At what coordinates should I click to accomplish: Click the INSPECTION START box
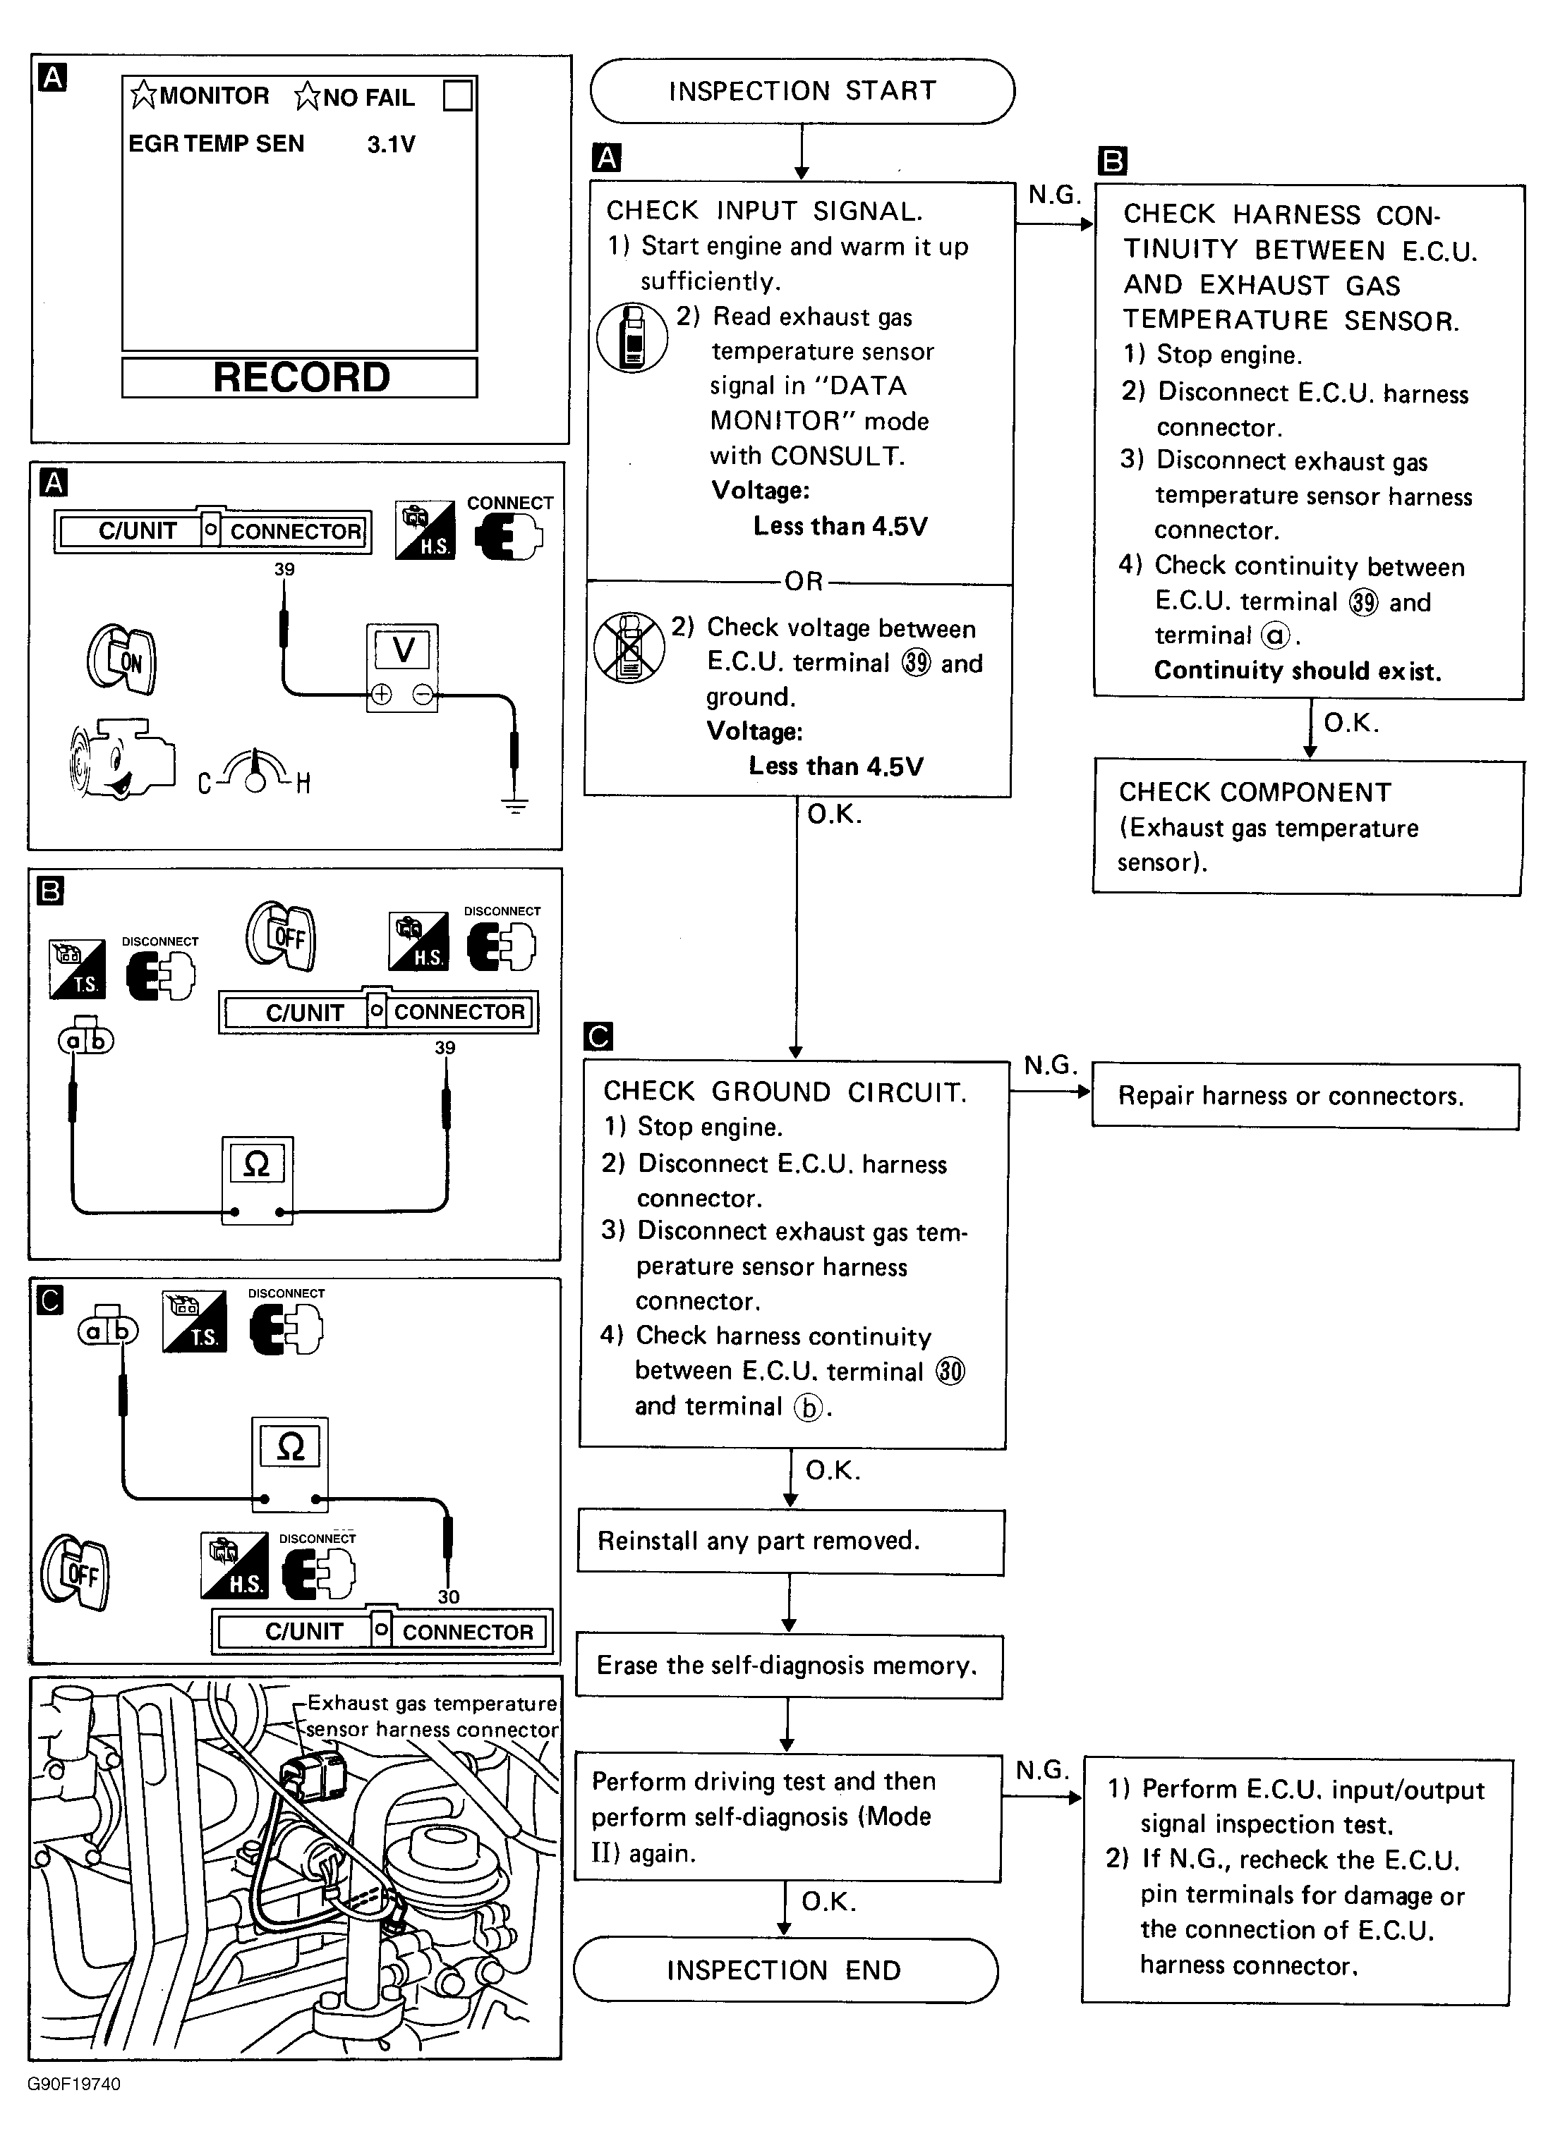click(x=802, y=92)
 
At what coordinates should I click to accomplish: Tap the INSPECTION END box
click(x=785, y=1970)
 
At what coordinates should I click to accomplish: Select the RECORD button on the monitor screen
click(x=300, y=378)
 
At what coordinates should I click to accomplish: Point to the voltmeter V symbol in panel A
click(x=403, y=650)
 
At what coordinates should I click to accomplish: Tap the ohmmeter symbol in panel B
click(x=257, y=1164)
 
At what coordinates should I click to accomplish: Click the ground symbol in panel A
click(x=514, y=806)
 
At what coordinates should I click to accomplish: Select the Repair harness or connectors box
click(x=1305, y=1096)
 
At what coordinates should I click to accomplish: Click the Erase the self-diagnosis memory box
click(x=788, y=1666)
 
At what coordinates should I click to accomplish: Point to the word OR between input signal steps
click(x=804, y=581)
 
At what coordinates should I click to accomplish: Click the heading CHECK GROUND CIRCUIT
click(x=785, y=1092)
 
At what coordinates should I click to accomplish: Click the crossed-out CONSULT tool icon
click(x=629, y=647)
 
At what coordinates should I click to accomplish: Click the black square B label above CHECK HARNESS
click(x=1113, y=161)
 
